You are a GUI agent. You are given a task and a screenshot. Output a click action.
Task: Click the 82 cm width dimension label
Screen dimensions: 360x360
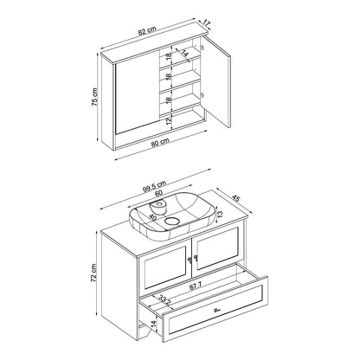click(x=147, y=30)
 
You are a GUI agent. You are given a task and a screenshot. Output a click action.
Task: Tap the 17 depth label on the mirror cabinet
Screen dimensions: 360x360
click(x=207, y=23)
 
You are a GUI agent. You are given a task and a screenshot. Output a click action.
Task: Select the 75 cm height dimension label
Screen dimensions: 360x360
click(x=95, y=97)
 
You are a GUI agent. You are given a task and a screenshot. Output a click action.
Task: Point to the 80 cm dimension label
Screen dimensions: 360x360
click(x=160, y=143)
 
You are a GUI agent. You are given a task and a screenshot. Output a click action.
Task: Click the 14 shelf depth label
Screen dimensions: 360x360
click(x=184, y=54)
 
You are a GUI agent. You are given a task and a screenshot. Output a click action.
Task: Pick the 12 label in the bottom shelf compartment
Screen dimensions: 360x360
click(x=169, y=119)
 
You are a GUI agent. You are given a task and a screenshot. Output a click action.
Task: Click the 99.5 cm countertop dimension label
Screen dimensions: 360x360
click(x=154, y=186)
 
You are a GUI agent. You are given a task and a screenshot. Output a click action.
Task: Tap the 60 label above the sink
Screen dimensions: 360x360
click(x=158, y=193)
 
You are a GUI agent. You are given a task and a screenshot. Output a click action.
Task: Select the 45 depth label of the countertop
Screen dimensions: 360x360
click(x=236, y=198)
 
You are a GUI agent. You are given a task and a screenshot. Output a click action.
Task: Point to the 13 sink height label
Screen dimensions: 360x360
click(x=220, y=214)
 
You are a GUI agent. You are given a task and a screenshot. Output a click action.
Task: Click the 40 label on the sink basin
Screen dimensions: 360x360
click(x=152, y=217)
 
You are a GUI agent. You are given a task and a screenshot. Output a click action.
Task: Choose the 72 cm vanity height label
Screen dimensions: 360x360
click(x=93, y=273)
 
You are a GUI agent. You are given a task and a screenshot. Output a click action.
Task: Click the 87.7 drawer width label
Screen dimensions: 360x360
click(x=195, y=286)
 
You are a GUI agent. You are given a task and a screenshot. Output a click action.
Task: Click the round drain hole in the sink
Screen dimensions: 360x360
click(x=172, y=222)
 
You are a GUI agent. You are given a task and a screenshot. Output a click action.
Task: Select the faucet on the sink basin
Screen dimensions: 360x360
click(x=158, y=207)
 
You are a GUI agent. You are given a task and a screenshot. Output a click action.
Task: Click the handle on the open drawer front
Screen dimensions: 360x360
click(x=217, y=311)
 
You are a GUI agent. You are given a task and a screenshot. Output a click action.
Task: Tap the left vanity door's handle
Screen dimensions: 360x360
click(x=190, y=260)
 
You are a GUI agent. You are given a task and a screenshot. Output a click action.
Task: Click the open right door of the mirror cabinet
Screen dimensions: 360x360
click(x=219, y=80)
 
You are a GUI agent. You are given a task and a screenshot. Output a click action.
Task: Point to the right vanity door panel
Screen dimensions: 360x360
click(x=218, y=248)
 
